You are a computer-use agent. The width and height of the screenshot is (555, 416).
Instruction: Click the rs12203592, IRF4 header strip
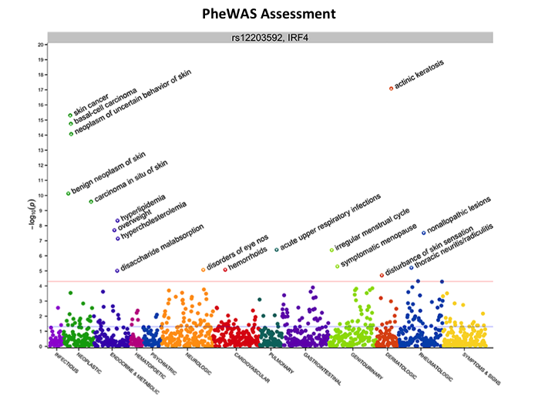[x=270, y=37]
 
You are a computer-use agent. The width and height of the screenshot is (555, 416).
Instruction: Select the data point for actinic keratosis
[x=392, y=89]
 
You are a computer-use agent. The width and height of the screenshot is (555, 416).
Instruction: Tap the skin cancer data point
[x=70, y=116]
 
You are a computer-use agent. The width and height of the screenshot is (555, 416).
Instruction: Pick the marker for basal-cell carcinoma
[x=71, y=123]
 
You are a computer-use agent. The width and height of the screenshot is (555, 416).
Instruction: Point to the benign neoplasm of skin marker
[x=69, y=193]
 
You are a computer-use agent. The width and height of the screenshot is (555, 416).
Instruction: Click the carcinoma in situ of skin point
[x=91, y=202]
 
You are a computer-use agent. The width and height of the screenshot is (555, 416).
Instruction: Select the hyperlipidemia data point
[x=117, y=221]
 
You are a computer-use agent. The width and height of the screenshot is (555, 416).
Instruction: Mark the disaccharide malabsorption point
[x=117, y=270]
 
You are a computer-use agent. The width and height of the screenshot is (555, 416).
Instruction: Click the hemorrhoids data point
[x=225, y=270]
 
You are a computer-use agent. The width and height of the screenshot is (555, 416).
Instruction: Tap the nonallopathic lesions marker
[x=423, y=233]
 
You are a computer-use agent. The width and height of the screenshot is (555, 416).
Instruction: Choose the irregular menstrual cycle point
[x=331, y=250]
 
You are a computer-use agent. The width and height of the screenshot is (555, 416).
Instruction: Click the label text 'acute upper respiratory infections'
[x=331, y=223]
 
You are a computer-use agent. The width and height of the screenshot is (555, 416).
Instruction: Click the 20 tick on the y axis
[x=40, y=45]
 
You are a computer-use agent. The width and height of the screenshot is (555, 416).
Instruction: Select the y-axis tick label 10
[x=40, y=196]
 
